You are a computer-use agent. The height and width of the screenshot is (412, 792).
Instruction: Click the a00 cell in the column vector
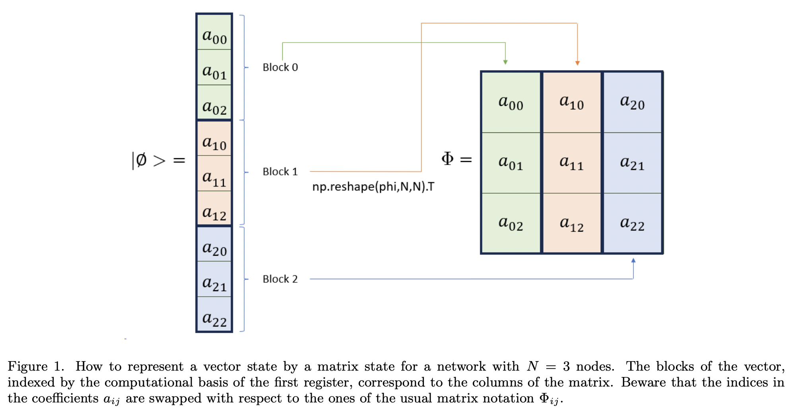click(214, 32)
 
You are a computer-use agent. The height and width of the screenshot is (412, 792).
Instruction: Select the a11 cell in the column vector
click(214, 173)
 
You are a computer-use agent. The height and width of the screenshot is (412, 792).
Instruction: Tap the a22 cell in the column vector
click(214, 314)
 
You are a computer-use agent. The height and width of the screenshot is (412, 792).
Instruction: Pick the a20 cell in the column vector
click(214, 244)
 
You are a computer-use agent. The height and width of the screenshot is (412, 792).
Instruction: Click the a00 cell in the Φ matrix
click(511, 102)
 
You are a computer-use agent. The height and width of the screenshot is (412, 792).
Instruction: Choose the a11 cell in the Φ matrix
click(571, 163)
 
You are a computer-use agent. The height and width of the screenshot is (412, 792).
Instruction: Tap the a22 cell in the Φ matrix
click(632, 223)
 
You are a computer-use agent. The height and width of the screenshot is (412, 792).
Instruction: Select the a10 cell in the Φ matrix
click(571, 102)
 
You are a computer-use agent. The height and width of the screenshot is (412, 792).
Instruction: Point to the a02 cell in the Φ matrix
click(511, 223)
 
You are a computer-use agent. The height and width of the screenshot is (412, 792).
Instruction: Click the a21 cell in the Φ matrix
click(632, 163)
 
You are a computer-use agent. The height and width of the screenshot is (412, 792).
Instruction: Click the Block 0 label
click(280, 67)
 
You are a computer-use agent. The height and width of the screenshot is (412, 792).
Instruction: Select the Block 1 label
click(280, 172)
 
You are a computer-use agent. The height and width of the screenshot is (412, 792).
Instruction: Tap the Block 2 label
click(280, 279)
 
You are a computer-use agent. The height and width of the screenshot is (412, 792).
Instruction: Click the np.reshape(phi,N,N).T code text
click(373, 187)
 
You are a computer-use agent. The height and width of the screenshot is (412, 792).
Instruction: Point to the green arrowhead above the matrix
click(505, 62)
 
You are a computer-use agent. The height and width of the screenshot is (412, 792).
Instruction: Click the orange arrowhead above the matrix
click(577, 63)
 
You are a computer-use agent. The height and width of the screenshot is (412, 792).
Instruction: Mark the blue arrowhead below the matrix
click(633, 260)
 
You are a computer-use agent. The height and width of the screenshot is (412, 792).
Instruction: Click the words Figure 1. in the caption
click(36, 366)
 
